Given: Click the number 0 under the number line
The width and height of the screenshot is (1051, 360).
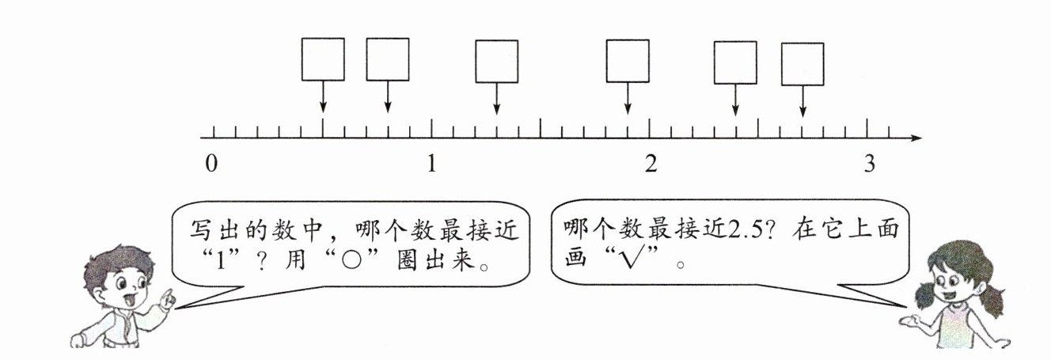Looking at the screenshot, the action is [x=211, y=164].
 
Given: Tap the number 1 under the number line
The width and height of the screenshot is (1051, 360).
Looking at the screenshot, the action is [x=431, y=164].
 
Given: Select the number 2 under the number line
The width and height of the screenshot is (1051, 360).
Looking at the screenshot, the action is [x=651, y=164].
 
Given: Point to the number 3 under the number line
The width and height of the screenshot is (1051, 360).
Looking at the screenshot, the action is [x=870, y=164].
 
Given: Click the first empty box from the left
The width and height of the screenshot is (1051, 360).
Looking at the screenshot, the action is [x=323, y=59].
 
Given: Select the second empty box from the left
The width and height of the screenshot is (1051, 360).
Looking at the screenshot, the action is [x=388, y=59].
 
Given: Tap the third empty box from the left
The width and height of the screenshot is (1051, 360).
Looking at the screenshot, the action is [x=497, y=61].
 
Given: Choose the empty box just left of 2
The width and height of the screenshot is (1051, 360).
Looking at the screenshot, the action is [x=628, y=61].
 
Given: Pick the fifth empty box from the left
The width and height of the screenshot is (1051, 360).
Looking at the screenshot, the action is [x=735, y=63].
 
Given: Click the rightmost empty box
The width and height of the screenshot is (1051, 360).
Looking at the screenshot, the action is [x=802, y=63].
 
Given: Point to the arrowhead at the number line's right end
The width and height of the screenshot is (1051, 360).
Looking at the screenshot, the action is [x=916, y=138].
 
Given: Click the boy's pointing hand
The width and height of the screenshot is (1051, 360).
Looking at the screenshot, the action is [x=165, y=299].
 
